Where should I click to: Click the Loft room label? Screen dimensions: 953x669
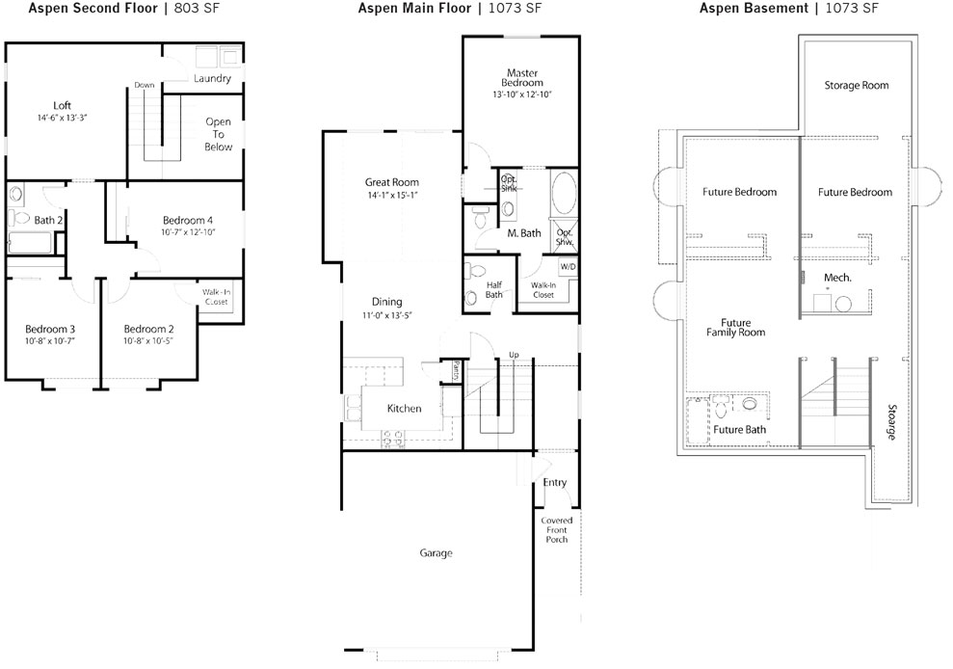[x=62, y=105]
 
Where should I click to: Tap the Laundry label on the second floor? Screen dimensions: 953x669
[x=212, y=78]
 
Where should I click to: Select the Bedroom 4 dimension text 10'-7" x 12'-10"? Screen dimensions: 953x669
[x=188, y=232]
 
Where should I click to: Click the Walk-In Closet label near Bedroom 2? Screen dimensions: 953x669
[x=217, y=297]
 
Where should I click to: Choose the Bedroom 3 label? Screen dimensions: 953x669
[x=50, y=329]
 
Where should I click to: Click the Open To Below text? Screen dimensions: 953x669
[x=218, y=134]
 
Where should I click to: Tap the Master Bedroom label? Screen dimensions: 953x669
[x=522, y=78]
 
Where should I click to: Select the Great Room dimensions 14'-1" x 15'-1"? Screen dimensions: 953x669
[x=392, y=196]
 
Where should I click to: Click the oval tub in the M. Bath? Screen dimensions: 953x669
[x=564, y=193]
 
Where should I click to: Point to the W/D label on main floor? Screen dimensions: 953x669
[x=568, y=267]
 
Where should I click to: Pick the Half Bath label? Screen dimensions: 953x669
[x=494, y=289]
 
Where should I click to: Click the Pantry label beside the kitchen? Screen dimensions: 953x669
[x=456, y=370]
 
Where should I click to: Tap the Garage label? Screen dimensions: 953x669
[x=436, y=552]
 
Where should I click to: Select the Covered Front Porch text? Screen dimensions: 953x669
[x=557, y=530]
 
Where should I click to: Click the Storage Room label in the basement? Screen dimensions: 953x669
[x=857, y=86]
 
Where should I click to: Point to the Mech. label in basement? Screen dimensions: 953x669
[x=837, y=278]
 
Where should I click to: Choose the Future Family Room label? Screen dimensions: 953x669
[x=735, y=327]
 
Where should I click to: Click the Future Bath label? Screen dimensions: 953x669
[x=740, y=429]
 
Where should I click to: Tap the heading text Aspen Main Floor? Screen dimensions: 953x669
[x=414, y=8]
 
